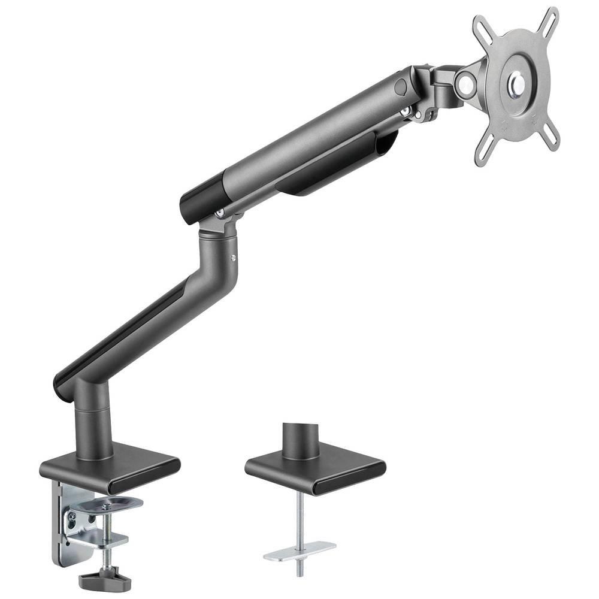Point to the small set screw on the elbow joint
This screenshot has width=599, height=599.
point(233,258)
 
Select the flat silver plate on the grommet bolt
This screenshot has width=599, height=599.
point(299,550)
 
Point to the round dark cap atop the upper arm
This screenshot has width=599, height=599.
point(401,86)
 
